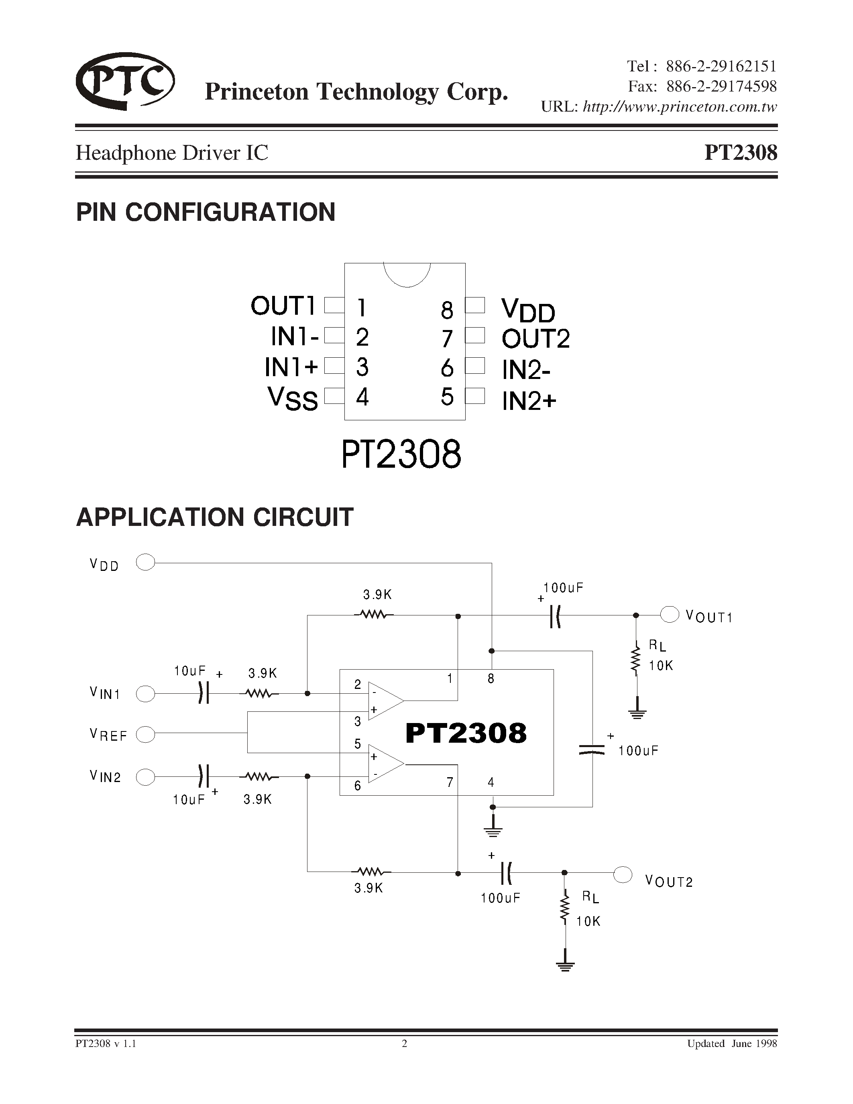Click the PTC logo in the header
point(125,81)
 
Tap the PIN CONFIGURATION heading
point(206,212)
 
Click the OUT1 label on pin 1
point(283,306)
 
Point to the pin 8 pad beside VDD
point(475,305)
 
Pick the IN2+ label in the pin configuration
point(529,401)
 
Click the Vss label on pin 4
point(293,398)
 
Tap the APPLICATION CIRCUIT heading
point(215,517)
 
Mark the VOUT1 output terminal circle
point(670,615)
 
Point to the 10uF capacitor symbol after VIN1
point(203,694)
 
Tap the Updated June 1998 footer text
point(731,1043)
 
